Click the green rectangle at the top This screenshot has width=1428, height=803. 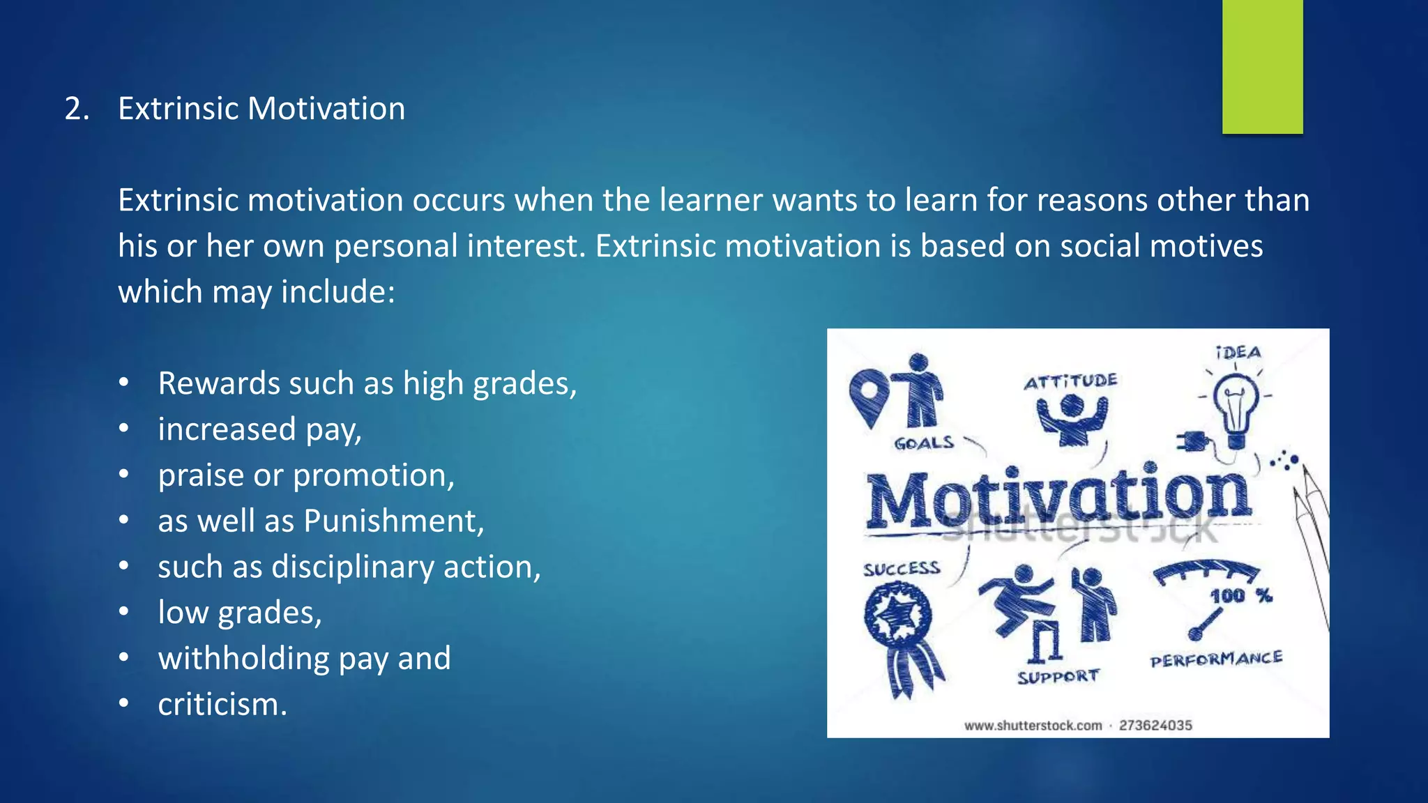1262,66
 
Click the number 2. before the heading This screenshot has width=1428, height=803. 77,109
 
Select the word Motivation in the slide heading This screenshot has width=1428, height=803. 326,109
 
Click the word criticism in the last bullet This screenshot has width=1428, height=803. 219,705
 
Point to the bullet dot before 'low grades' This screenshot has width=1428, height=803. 124,612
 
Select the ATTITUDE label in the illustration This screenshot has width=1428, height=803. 1070,381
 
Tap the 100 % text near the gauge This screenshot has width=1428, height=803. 1240,596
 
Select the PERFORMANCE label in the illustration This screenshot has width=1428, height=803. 1216,659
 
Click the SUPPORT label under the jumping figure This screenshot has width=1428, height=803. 1058,677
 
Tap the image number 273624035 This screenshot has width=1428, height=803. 1155,726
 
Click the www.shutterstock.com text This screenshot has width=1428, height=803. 1033,726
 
